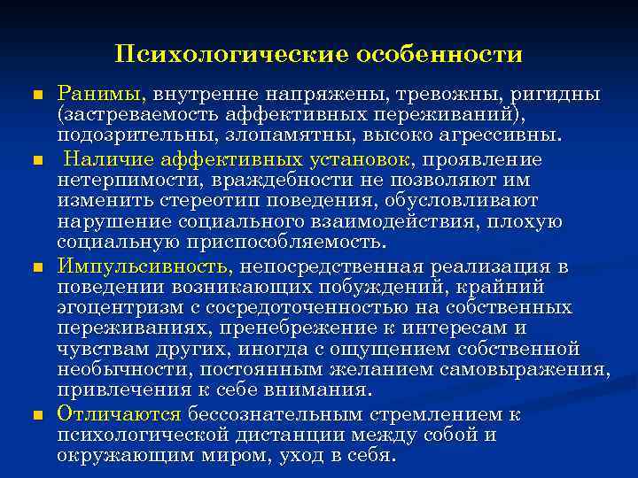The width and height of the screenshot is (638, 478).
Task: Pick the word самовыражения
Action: click(x=531, y=368)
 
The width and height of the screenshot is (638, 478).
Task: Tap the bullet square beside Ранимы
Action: click(x=36, y=95)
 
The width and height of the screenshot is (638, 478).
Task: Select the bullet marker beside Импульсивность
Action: click(x=36, y=266)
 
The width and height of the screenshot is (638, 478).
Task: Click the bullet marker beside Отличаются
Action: click(x=36, y=414)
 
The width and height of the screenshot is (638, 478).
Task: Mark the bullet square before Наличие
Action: click(x=36, y=159)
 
